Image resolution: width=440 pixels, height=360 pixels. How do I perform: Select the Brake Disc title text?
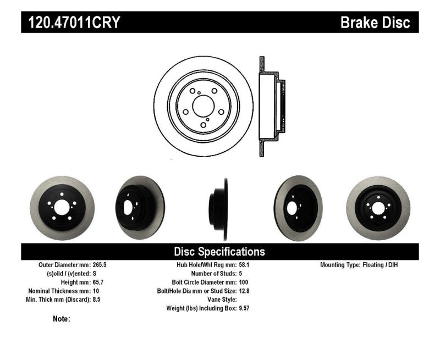pos(375,23)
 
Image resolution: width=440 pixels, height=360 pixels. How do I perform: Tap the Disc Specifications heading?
pos(219,252)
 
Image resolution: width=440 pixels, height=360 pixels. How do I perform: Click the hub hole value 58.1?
pos(245,264)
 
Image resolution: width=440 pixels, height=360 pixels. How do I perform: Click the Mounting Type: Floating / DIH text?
pos(359,264)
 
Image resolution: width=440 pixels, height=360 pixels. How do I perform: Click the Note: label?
pos(62,319)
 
